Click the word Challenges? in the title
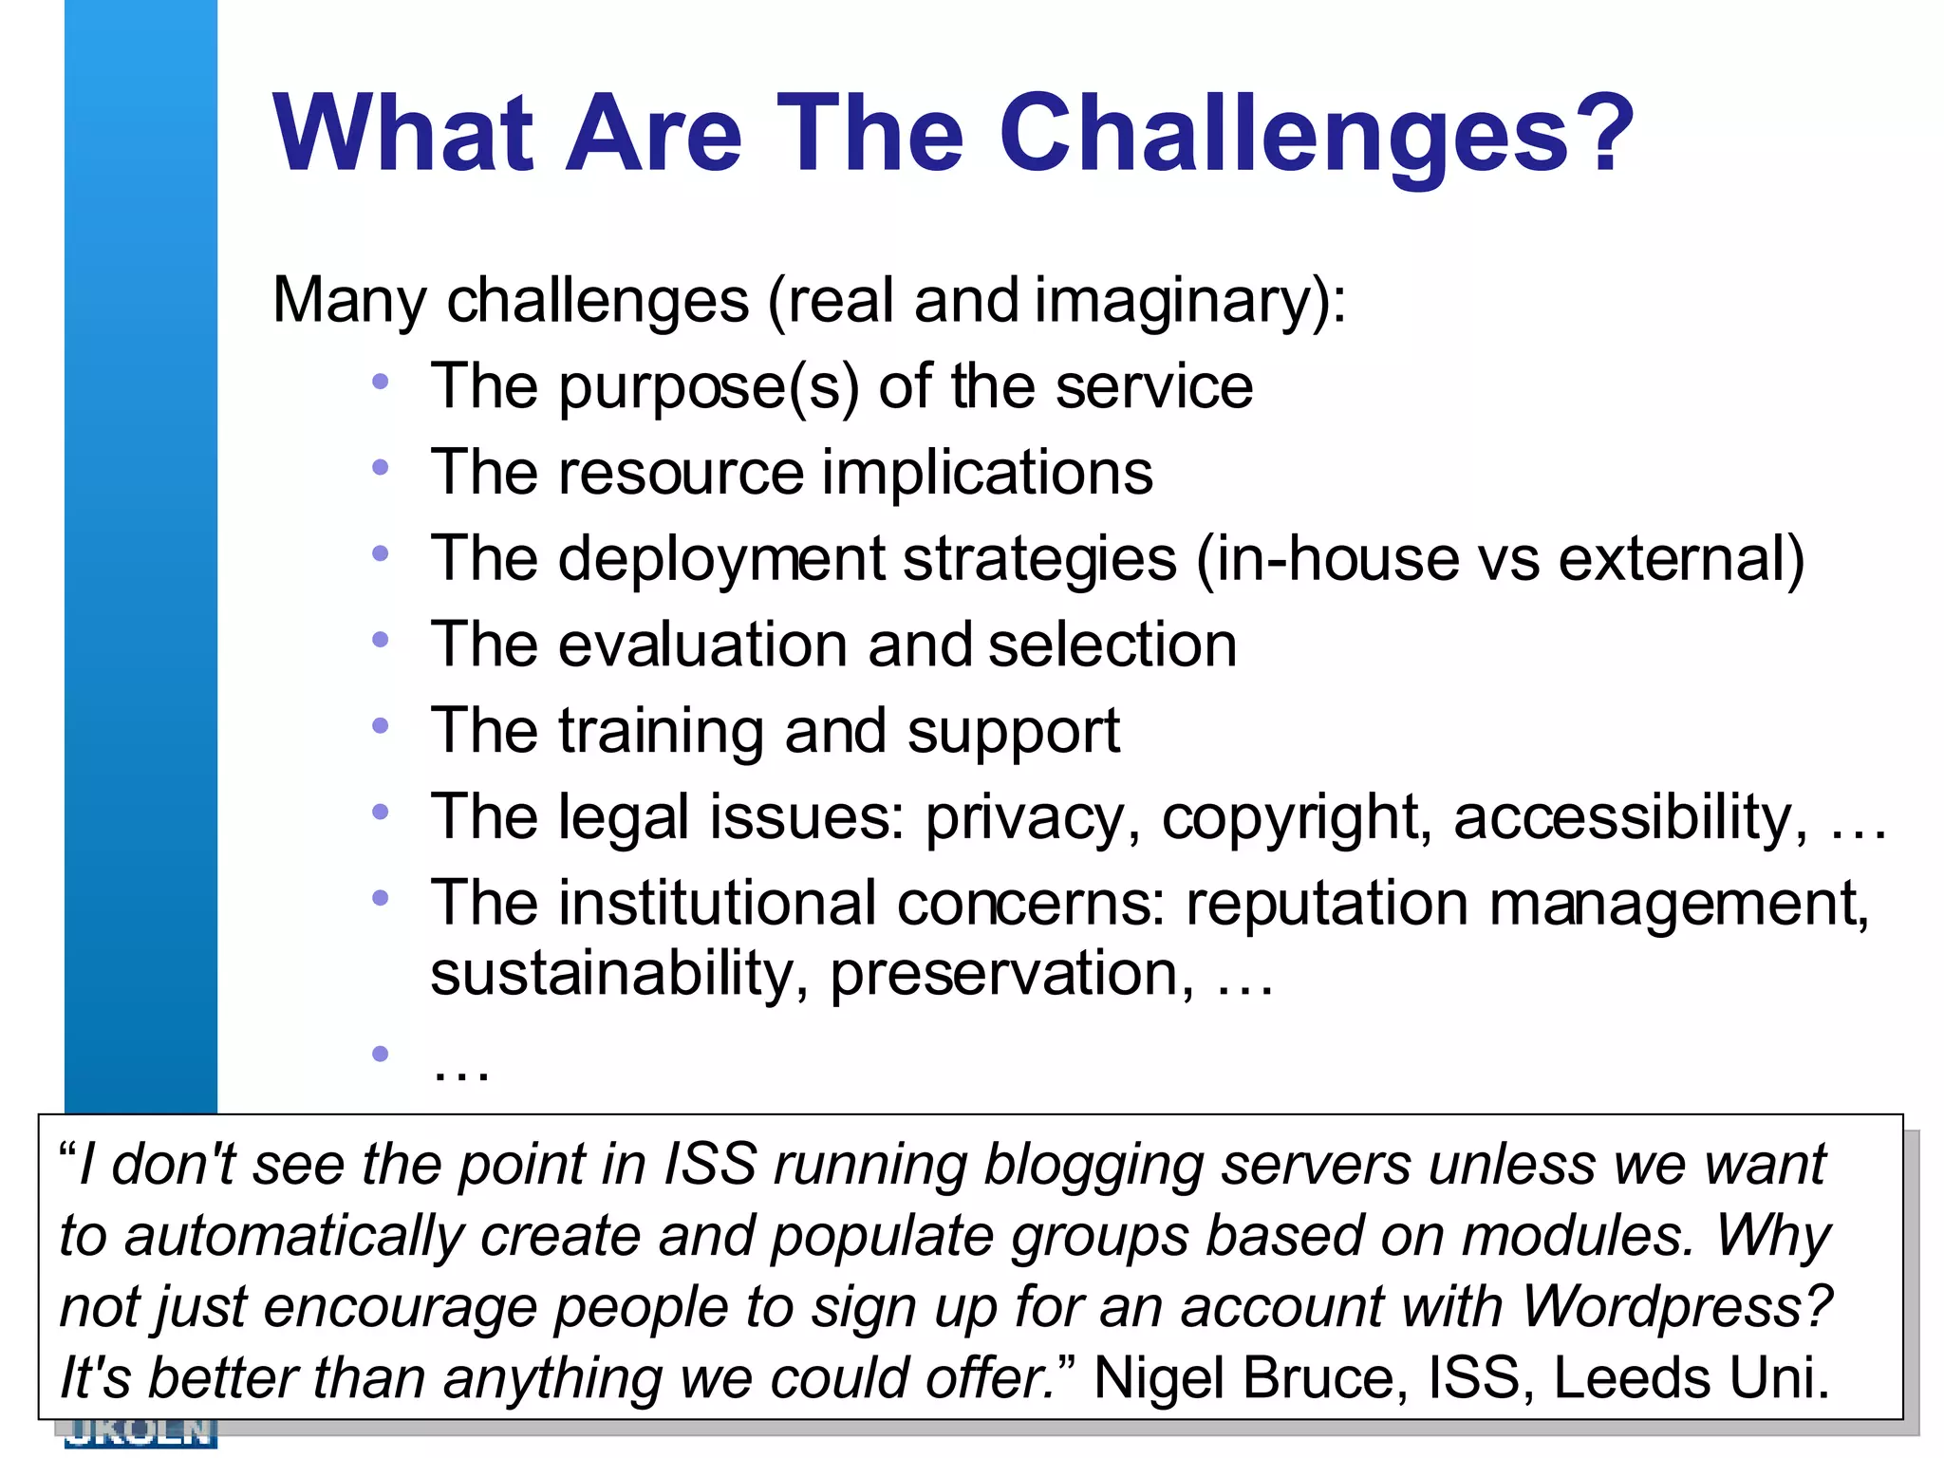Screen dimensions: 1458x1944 (1317, 135)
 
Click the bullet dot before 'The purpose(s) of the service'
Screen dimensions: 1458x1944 (381, 382)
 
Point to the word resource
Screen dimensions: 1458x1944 (682, 473)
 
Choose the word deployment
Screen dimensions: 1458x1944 (721, 560)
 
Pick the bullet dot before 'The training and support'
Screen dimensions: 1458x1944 (381, 726)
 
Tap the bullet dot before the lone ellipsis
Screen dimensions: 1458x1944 (381, 1053)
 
